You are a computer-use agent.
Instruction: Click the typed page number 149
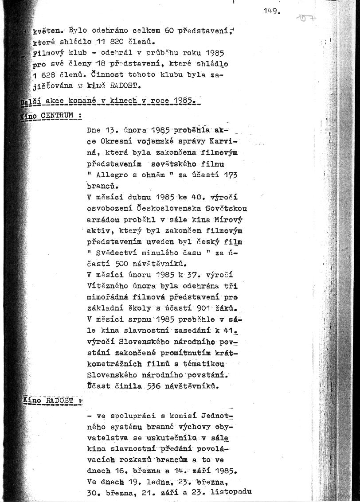(271, 11)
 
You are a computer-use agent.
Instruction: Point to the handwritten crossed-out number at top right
(306, 19)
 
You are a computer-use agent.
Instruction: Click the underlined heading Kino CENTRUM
(52, 117)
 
